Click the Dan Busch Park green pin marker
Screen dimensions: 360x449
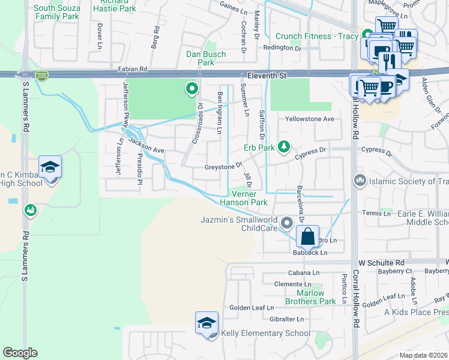(x=192, y=89)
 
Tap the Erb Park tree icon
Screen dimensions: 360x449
(x=283, y=146)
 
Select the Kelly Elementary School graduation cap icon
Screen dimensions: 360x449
(x=206, y=323)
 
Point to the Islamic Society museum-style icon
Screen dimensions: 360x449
(x=360, y=179)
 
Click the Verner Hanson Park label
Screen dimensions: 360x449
(x=243, y=199)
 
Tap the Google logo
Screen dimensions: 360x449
(x=20, y=352)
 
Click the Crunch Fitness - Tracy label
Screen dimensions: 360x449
(x=316, y=37)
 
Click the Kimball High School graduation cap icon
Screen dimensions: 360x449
(x=50, y=167)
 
